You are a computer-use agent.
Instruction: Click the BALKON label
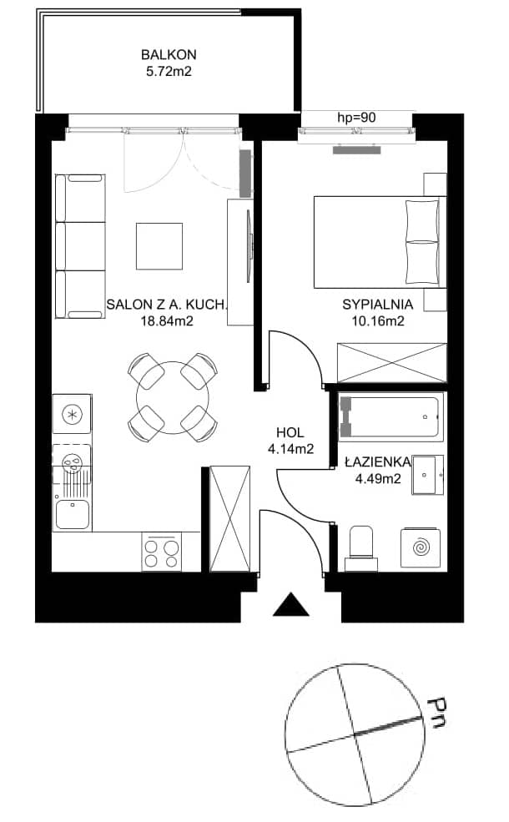[169, 54]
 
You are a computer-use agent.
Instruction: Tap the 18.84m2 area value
[167, 320]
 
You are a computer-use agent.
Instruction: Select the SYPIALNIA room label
[377, 304]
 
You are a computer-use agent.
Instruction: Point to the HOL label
[290, 432]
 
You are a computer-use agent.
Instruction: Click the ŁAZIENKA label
[377, 461]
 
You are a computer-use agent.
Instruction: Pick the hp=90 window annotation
[356, 118]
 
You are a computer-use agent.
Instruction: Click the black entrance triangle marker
[291, 604]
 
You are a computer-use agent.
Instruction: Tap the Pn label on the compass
[436, 713]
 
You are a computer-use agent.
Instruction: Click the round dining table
[173, 397]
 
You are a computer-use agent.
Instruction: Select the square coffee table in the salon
[159, 246]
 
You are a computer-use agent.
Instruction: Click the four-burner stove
[161, 552]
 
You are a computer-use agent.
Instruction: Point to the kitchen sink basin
[73, 514]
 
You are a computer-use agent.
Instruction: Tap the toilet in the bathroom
[361, 548]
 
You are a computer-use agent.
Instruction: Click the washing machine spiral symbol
[420, 547]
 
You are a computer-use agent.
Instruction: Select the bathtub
[391, 416]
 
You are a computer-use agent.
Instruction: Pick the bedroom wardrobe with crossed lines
[392, 363]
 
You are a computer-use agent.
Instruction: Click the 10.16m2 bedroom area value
[378, 320]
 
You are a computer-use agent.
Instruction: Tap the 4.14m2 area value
[290, 449]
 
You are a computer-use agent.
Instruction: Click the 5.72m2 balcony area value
[169, 71]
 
